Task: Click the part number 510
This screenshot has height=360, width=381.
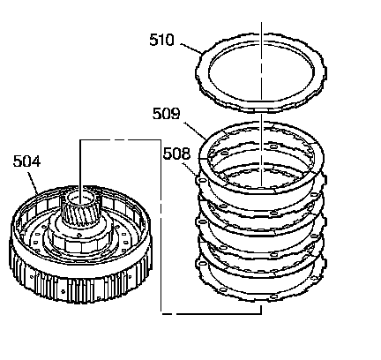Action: [x=161, y=40]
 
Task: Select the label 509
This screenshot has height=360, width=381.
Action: [x=166, y=114]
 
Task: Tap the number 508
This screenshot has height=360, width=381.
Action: [x=176, y=154]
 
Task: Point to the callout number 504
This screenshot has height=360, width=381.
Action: [x=26, y=161]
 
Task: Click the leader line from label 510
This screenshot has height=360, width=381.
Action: [x=191, y=49]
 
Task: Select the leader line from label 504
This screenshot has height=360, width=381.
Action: [x=34, y=183]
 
